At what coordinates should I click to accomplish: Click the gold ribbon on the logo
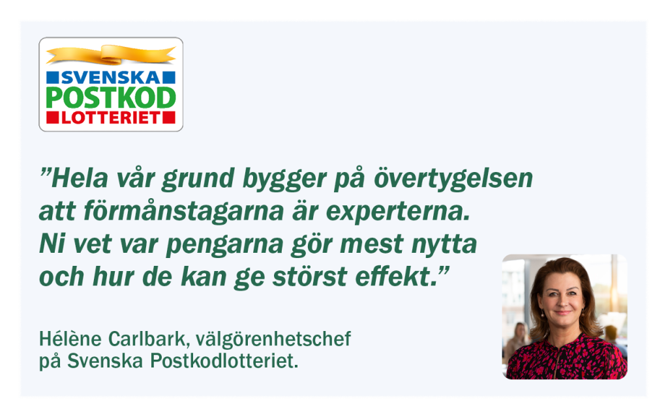[x=111, y=55]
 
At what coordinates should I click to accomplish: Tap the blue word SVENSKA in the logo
[x=111, y=78]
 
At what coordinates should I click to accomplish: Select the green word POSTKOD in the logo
[x=111, y=98]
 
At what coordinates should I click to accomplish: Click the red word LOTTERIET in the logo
[x=111, y=118]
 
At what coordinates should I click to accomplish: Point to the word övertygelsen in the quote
[x=453, y=179]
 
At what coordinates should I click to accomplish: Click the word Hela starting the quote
[x=80, y=179]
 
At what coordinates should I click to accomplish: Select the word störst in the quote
[x=310, y=276]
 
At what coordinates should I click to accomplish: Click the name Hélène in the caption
[x=70, y=339]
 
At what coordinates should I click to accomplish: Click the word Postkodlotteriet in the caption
[x=224, y=361]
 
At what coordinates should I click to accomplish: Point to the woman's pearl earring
[x=543, y=316]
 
